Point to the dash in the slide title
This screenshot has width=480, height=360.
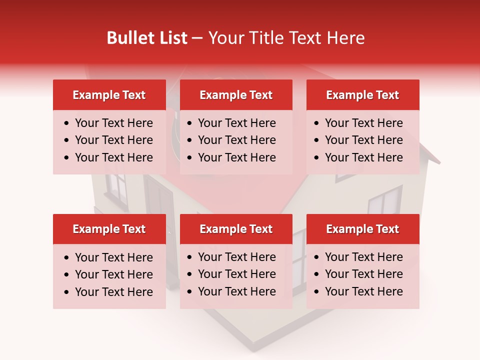pos(197,38)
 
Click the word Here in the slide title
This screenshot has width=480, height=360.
pos(345,38)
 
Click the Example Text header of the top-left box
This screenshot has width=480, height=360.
pos(109,95)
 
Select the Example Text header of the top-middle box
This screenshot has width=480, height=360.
pos(236,95)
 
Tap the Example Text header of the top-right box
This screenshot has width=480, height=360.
pos(362,95)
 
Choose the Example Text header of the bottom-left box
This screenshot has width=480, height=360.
pos(109,229)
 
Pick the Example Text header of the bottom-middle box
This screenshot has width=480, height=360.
pos(236,229)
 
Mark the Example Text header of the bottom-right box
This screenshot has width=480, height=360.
pos(362,229)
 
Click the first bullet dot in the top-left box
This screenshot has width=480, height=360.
pos(67,123)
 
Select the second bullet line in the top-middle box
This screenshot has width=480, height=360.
pos(236,140)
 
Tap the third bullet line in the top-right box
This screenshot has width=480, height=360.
pos(363,157)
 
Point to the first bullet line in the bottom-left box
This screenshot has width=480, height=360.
pos(113,257)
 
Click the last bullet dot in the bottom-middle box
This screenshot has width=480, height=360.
pos(190,291)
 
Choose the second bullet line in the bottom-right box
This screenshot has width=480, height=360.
pos(363,274)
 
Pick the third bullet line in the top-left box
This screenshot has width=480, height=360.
pos(113,157)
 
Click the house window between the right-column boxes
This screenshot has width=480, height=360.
pos(385,200)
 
